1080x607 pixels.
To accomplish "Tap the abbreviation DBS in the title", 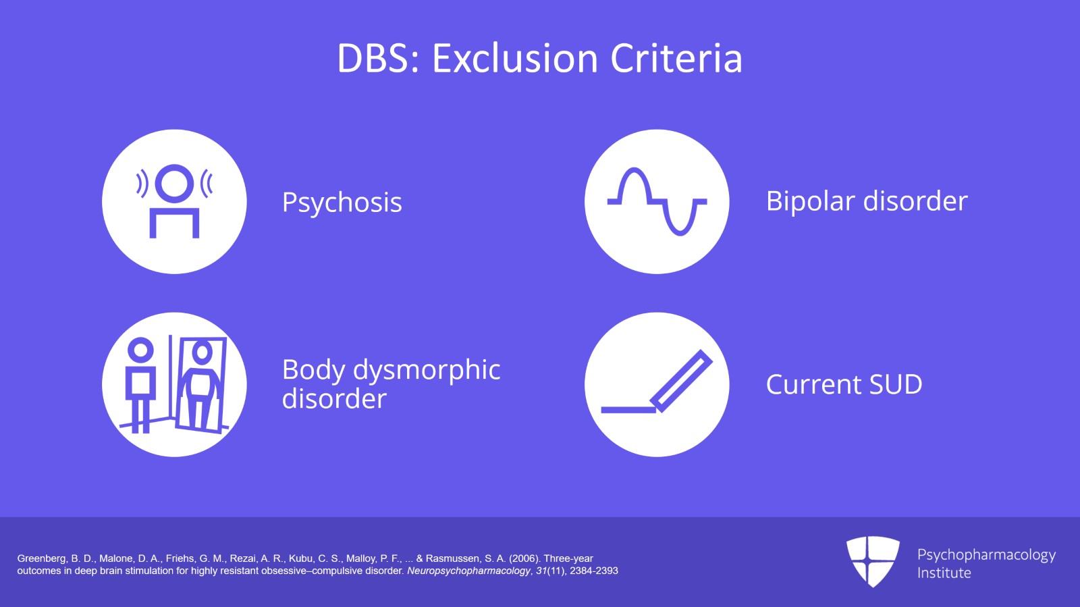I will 373,59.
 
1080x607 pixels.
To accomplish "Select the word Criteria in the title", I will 676,59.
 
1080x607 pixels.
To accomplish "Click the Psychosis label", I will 342,203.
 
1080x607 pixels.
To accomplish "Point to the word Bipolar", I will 810,201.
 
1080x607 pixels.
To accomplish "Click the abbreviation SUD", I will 895,385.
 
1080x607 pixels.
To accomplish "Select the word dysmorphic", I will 427,370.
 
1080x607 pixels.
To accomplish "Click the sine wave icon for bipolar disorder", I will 657,201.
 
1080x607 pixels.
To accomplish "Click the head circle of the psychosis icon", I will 174,183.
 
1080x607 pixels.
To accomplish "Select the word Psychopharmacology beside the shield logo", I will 986,555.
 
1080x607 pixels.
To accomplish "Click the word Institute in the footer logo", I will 944,573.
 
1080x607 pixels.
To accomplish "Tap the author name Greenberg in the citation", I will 41,558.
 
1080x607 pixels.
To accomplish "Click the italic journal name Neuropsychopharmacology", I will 468,571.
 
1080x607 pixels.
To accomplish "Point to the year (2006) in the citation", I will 524,558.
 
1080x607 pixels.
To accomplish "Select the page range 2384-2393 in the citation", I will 593,571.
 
